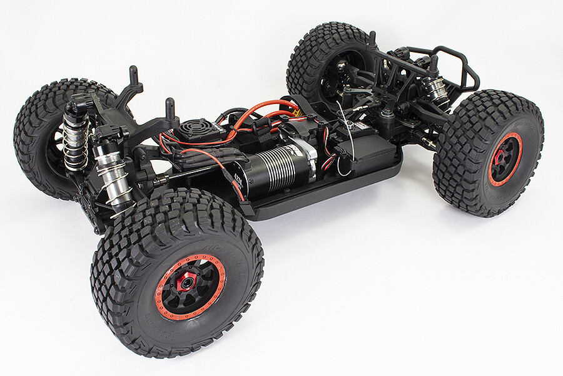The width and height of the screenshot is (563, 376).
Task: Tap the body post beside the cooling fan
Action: [170, 112]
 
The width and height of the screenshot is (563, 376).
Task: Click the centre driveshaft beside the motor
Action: [188, 176]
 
